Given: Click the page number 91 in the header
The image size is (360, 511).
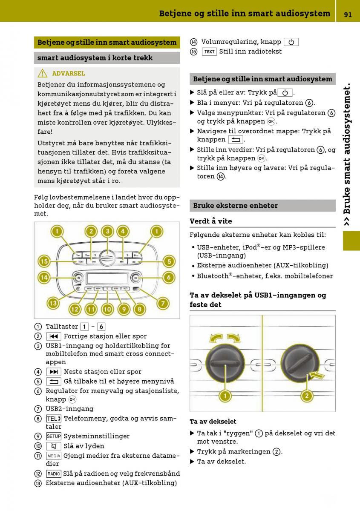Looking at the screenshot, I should tap(348, 14).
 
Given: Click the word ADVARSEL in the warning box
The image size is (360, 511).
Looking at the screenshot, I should tap(69, 73).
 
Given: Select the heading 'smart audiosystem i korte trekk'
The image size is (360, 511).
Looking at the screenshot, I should tap(95, 57).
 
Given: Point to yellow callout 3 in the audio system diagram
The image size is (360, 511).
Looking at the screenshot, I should tap(108, 231).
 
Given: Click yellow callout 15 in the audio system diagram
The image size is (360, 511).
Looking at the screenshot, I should tap(44, 261).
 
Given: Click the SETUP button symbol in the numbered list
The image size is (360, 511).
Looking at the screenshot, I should tap(54, 436).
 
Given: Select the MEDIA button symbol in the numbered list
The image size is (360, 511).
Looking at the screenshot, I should tap(54, 456).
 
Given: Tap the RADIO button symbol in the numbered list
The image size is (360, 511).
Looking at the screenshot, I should tap(54, 474).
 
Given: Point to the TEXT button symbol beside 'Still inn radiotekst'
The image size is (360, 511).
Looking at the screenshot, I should tap(209, 52).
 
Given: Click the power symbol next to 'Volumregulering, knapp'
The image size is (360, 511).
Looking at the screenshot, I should tap(291, 42).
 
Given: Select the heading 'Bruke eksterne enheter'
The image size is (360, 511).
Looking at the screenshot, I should tap(235, 205).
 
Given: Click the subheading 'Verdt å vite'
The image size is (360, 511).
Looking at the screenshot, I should tap(211, 221).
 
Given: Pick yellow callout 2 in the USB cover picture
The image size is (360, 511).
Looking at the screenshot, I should tap(306, 396).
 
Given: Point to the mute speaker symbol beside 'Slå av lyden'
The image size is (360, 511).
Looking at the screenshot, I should tap(54, 446).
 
